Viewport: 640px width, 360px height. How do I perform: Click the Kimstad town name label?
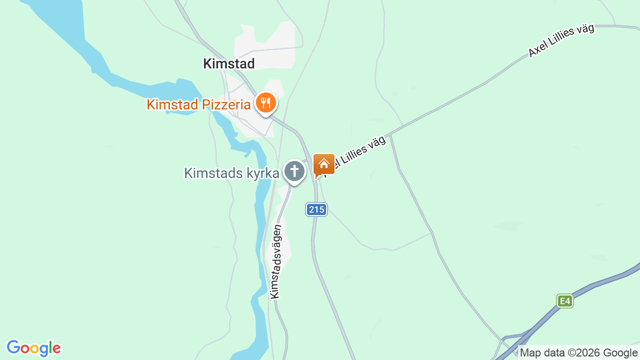click(x=228, y=63)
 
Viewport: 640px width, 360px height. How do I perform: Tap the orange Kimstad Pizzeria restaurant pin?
click(x=266, y=103)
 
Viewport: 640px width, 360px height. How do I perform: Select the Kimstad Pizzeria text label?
click(x=198, y=104)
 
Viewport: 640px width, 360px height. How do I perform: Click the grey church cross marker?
click(x=294, y=171)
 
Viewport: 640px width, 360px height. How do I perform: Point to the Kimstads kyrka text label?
click(x=231, y=173)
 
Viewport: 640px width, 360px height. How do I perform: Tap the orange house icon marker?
click(x=324, y=164)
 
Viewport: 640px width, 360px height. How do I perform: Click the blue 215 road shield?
click(x=316, y=209)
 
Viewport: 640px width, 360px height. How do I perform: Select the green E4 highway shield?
click(x=564, y=301)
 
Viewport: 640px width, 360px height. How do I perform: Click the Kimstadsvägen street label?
click(x=276, y=261)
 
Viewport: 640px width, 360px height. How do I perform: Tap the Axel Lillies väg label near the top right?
click(x=561, y=40)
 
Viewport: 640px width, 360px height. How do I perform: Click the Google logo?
click(x=33, y=348)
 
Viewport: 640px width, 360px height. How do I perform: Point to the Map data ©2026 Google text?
click(x=578, y=353)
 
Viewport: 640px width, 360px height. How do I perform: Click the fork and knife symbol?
click(x=266, y=103)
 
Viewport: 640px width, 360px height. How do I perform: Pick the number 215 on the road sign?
click(x=316, y=209)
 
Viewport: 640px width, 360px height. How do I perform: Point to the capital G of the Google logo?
click(x=13, y=347)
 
